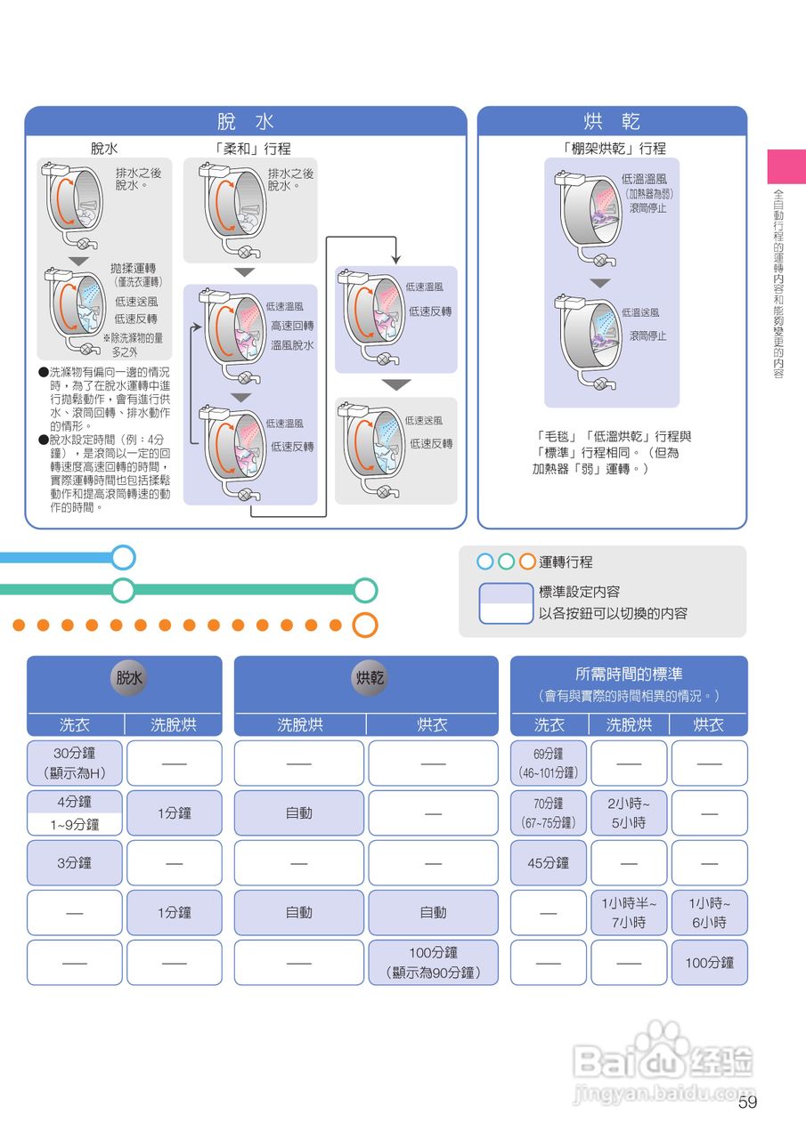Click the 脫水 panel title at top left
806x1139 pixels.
pyautogui.click(x=245, y=121)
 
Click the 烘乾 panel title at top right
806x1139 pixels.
pyautogui.click(x=612, y=121)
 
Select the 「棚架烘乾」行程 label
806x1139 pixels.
pyautogui.click(x=615, y=149)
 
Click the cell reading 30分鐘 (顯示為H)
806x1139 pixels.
pyautogui.click(x=75, y=763)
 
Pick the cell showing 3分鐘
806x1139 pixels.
pyautogui.click(x=75, y=862)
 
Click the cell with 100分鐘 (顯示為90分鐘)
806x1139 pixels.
pyautogui.click(x=433, y=963)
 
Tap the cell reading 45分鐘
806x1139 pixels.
pyautogui.click(x=549, y=862)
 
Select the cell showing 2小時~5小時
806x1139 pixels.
pyautogui.click(x=629, y=812)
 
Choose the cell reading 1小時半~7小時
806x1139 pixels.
pyautogui.click(x=629, y=912)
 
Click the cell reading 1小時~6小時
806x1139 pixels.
pyautogui.click(x=709, y=912)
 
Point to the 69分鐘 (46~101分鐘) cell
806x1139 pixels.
pyautogui.click(x=549, y=763)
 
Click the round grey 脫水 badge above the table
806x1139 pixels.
pyautogui.click(x=129, y=678)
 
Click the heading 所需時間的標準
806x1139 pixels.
pyautogui.click(x=629, y=675)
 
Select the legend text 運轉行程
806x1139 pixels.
pyautogui.click(x=566, y=562)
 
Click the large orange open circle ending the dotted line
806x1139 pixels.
pyautogui.click(x=365, y=625)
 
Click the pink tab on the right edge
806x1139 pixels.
pyautogui.click(x=786, y=166)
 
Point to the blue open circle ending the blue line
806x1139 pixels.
pyautogui.click(x=123, y=558)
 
